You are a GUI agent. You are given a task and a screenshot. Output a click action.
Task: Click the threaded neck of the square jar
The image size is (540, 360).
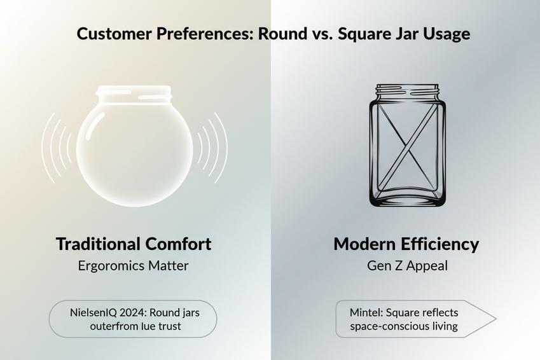coord(407,92)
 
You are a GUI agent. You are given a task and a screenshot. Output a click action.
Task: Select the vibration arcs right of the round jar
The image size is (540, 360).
coord(211,148)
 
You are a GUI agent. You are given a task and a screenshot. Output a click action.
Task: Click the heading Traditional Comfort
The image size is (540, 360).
coord(134,244)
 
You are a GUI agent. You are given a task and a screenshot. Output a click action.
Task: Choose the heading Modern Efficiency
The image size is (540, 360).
coord(406,244)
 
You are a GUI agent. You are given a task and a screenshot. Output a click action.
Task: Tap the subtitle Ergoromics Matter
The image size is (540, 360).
coord(134,265)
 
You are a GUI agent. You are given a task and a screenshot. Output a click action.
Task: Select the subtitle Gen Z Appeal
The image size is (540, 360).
coord(407,265)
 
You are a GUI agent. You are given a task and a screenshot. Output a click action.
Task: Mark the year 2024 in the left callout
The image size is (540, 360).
coord(135,312)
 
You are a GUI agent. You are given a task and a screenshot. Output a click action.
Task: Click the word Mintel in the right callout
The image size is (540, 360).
coord(365,312)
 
